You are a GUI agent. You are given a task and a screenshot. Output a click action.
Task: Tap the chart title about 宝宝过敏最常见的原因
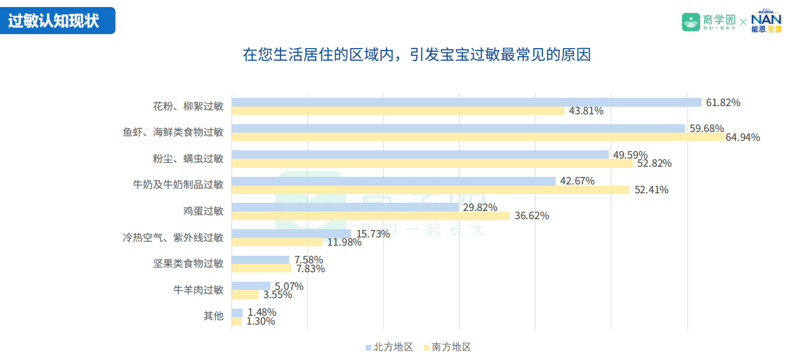point(417,54)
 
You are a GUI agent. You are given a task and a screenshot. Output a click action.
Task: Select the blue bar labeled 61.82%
point(467,102)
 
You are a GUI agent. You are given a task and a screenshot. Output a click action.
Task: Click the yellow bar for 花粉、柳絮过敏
point(398,111)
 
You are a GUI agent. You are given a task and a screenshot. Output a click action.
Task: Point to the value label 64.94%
point(743,137)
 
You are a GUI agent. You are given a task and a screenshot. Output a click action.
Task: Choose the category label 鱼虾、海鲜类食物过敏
point(173,132)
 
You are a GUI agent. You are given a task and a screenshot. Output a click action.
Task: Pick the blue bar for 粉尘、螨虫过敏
point(420,155)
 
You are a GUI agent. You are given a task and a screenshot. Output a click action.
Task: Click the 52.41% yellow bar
point(431,189)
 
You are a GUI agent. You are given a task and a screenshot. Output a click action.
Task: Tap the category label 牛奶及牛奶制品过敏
point(178,184)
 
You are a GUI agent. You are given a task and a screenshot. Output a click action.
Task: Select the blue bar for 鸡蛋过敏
point(345,207)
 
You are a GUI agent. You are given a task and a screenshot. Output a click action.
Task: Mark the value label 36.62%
point(532,216)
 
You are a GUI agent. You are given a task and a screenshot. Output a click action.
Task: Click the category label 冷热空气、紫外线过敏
point(173,237)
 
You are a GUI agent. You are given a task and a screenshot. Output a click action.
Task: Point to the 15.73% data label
point(373,234)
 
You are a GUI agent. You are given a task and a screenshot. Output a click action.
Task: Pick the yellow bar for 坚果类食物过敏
point(261,268)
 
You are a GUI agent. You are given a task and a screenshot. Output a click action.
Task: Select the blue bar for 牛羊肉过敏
point(251,286)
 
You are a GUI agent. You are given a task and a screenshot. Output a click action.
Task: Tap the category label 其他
point(213,316)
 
